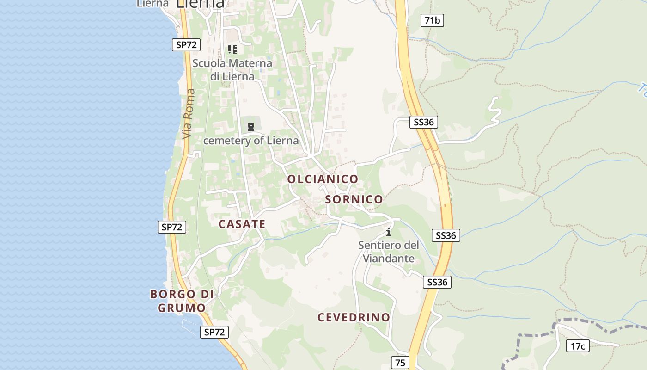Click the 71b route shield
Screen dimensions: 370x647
point(432,20)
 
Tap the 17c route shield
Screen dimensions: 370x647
point(578,346)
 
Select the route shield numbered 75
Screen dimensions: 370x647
point(400,363)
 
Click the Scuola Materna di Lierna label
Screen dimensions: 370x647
point(232,69)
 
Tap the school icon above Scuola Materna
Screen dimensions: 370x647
point(232,49)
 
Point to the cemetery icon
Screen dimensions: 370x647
point(250,126)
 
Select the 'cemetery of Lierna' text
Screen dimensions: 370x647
point(251,141)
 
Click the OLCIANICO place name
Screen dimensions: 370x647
point(323,179)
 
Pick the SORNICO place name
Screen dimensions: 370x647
point(354,199)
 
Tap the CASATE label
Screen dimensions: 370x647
point(242,224)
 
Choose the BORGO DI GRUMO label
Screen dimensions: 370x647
point(182,301)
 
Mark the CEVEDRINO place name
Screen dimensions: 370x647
point(354,317)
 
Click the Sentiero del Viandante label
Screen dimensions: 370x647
point(389,252)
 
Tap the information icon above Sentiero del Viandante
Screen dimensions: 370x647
point(389,231)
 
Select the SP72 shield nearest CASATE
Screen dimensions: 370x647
point(172,227)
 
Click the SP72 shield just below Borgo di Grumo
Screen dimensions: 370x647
point(214,332)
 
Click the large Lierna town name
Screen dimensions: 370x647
point(200,4)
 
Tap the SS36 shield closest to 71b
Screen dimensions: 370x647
point(423,122)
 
